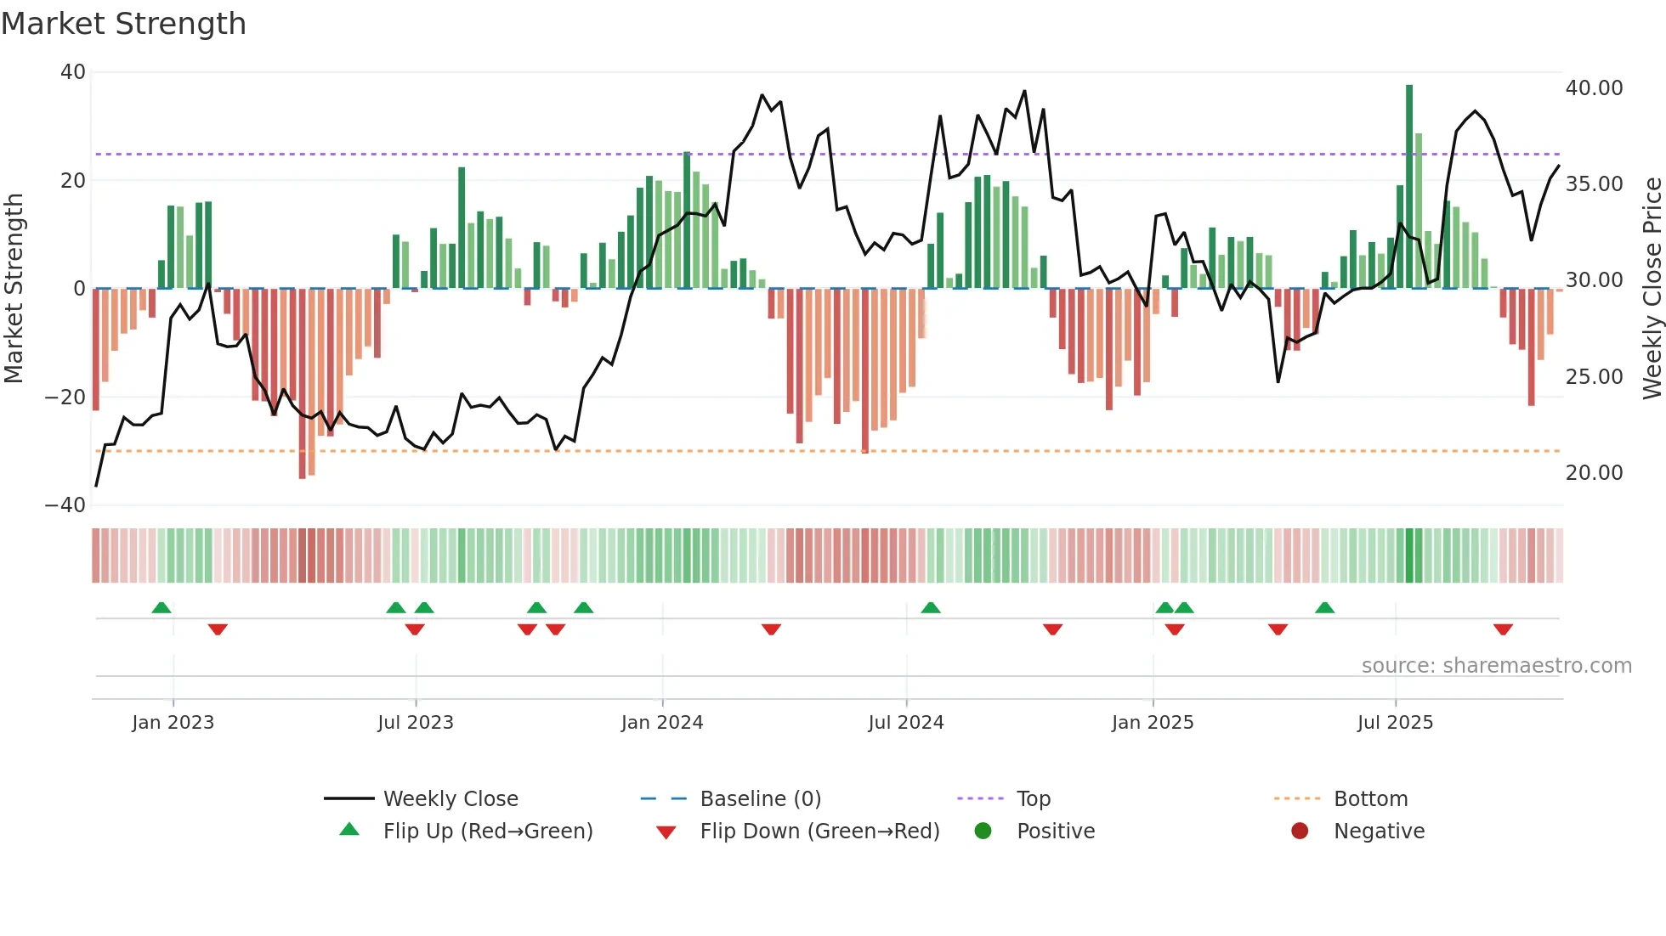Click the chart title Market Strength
tap(123, 24)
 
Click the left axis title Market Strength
tap(14, 288)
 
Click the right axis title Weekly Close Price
tap(1652, 288)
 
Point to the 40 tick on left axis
tap(73, 72)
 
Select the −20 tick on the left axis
tap(65, 397)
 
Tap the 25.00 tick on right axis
tap(1594, 376)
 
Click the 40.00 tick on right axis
tap(1594, 87)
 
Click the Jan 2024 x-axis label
tap(662, 723)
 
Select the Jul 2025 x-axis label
tap(1395, 723)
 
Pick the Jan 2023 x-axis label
tap(173, 723)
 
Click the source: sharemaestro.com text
tap(1496, 666)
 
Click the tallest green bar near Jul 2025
tap(1409, 187)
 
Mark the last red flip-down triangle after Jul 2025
tap(1503, 629)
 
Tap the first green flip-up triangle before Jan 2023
tap(161, 607)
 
